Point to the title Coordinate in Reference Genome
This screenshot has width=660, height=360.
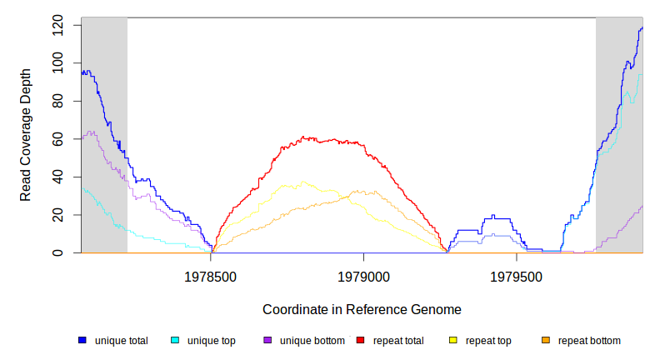click(362, 309)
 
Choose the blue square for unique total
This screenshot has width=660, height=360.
click(82, 341)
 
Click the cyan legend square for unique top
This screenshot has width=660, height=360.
click(175, 341)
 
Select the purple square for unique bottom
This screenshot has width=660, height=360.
click(267, 341)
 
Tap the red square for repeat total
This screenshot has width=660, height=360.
click(360, 341)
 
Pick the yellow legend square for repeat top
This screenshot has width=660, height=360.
click(453, 341)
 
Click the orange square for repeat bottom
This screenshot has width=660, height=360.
click(546, 341)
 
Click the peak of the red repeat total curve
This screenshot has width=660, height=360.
click(305, 137)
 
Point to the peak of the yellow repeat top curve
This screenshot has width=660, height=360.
click(303, 182)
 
